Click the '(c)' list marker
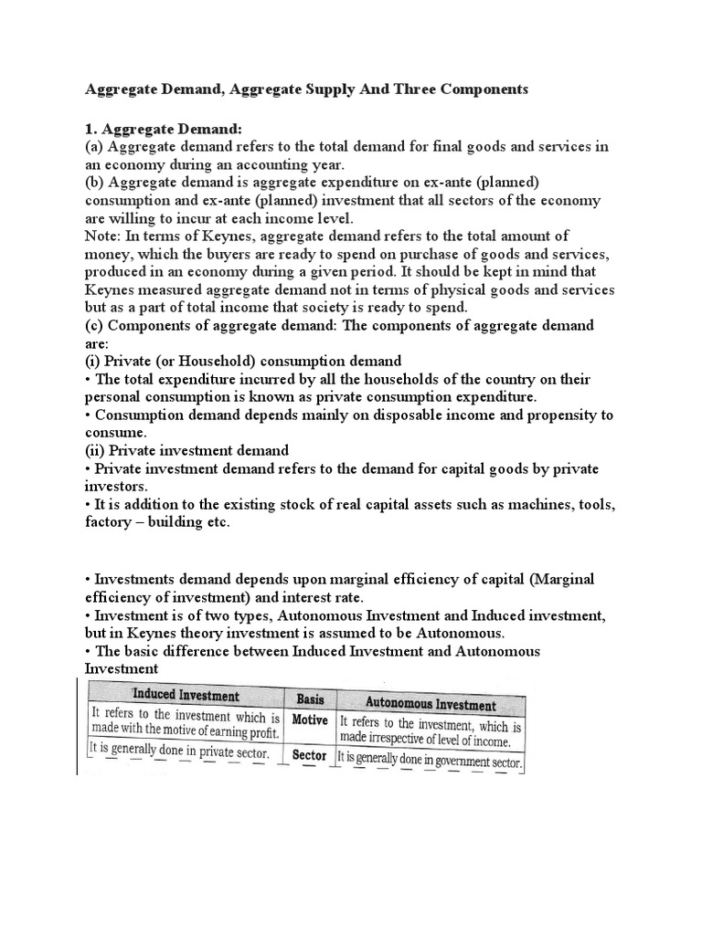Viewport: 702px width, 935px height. [x=95, y=326]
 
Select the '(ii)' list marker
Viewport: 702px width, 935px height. [x=97, y=449]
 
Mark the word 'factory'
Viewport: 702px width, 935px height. [x=110, y=521]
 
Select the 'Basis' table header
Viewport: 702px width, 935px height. [x=311, y=699]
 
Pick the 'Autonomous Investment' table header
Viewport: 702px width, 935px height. [x=431, y=704]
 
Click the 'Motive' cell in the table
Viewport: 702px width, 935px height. [x=310, y=720]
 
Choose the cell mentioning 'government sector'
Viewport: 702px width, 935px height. [x=429, y=757]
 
